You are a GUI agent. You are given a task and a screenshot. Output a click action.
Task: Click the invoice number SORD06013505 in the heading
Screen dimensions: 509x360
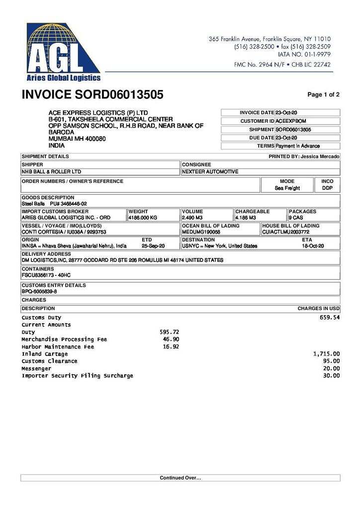click(x=119, y=94)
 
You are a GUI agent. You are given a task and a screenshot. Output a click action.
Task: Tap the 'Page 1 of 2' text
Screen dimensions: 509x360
click(x=323, y=94)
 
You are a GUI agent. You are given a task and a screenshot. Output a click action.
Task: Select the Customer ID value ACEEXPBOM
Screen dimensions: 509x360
click(x=291, y=121)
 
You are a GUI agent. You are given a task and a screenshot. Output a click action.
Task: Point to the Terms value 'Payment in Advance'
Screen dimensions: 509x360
click(x=297, y=146)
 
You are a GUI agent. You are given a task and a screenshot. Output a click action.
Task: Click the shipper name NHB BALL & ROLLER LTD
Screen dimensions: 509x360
click(x=51, y=171)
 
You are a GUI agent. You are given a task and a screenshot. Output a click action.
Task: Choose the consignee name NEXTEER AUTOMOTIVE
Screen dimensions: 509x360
click(x=210, y=171)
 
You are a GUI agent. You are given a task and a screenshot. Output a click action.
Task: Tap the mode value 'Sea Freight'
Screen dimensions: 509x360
click(x=287, y=188)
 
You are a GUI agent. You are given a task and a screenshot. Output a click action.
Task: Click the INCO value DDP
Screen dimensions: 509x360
click(x=327, y=188)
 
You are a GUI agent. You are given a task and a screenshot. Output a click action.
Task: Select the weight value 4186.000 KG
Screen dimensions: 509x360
click(x=143, y=218)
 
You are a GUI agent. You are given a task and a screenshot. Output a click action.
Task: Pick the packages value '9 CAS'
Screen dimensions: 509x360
click(x=296, y=218)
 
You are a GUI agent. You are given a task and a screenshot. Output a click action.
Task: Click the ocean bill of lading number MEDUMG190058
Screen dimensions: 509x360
click(x=201, y=232)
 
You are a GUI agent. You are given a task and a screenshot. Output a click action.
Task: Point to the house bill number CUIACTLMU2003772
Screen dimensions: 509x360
click(x=285, y=232)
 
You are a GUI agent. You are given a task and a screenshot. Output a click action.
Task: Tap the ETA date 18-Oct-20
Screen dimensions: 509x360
click(x=313, y=246)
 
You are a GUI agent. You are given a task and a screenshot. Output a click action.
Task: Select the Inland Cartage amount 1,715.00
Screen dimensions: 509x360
click(x=326, y=354)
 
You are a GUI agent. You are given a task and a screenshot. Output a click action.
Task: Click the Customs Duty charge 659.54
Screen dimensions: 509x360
click(x=329, y=317)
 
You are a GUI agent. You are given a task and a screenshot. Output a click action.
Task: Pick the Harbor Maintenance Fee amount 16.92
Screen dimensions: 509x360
click(x=171, y=346)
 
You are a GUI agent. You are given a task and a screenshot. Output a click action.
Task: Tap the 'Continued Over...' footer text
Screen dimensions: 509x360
click(x=180, y=478)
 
